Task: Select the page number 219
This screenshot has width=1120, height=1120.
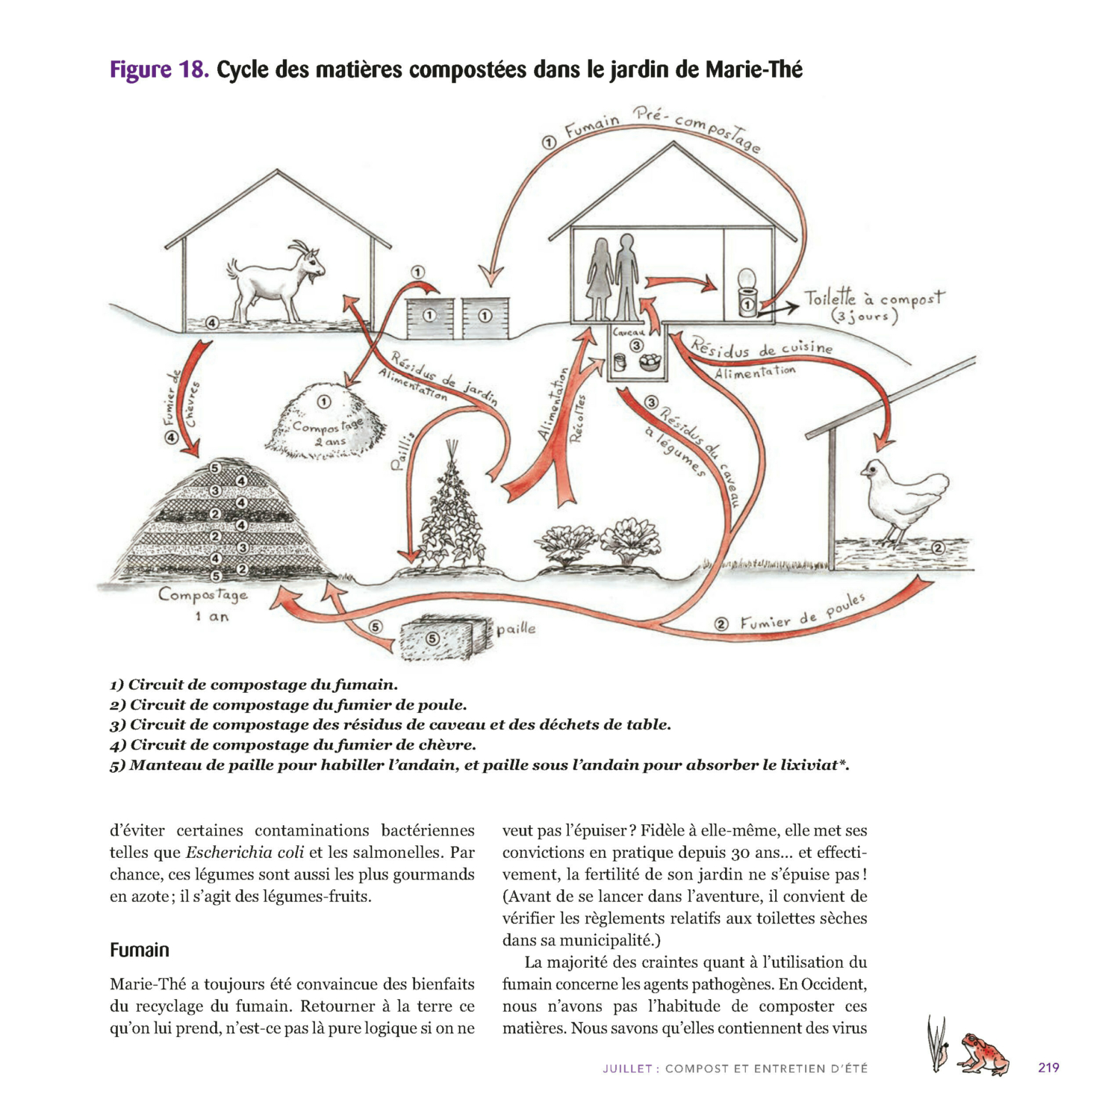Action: [x=1048, y=1068]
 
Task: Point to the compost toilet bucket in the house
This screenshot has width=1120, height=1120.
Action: [x=747, y=295]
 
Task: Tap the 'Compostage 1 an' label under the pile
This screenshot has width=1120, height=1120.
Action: [x=202, y=603]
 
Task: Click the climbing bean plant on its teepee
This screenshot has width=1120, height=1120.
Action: [x=450, y=515]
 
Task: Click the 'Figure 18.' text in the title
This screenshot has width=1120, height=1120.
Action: [x=159, y=70]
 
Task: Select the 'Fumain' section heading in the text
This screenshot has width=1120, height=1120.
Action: [x=140, y=950]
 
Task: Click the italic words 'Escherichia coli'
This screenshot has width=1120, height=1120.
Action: [x=244, y=853]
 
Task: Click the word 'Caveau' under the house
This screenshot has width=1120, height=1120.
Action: [x=628, y=332]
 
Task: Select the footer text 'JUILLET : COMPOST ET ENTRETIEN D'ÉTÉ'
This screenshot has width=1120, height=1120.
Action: [x=735, y=1068]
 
